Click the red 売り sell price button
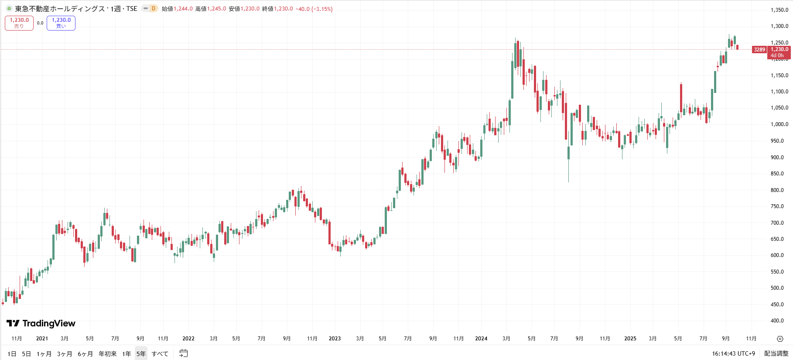pyautogui.click(x=19, y=23)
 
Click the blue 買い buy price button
pyautogui.click(x=61, y=23)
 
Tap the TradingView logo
pyautogui.click(x=41, y=323)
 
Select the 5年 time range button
pyautogui.click(x=141, y=353)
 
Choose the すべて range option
pyautogui.click(x=160, y=353)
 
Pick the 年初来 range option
pyautogui.click(x=107, y=353)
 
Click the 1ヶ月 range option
pyautogui.click(x=44, y=353)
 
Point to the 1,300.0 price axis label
pyautogui.click(x=779, y=26)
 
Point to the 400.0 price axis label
pyautogui.click(x=777, y=321)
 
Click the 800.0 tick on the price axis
pyautogui.click(x=777, y=190)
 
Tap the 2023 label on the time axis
pyautogui.click(x=335, y=339)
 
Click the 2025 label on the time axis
pyautogui.click(x=630, y=339)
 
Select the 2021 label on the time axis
pyautogui.click(x=42, y=339)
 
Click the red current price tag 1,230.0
pyautogui.click(x=779, y=50)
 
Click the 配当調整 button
pyautogui.click(x=776, y=353)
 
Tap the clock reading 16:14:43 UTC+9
pyautogui.click(x=733, y=353)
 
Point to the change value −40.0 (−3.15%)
pyautogui.click(x=314, y=9)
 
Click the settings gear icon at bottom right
pyautogui.click(x=780, y=339)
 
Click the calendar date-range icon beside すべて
pyautogui.click(x=184, y=353)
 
